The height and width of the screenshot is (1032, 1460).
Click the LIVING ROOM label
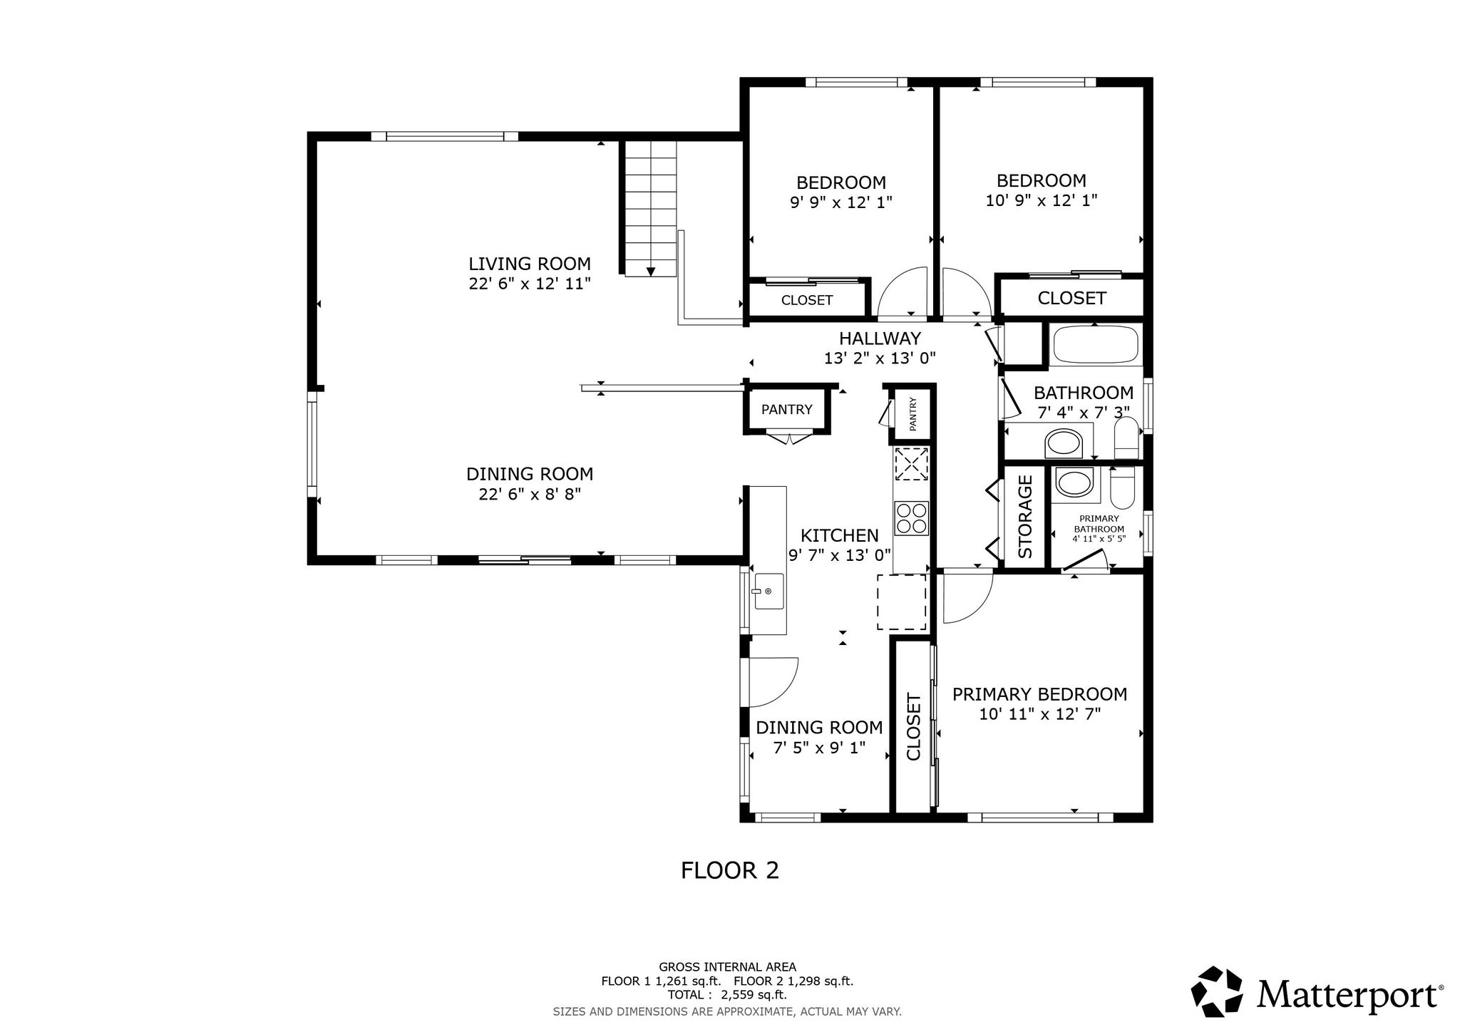[x=530, y=264]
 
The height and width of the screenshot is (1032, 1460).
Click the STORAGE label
[x=1025, y=517]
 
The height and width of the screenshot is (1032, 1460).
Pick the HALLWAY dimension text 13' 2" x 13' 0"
[x=880, y=358]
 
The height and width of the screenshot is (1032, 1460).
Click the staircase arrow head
[x=650, y=272]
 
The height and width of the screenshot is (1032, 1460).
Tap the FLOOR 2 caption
[x=729, y=870]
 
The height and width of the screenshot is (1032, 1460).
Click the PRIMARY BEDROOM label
[x=1040, y=694]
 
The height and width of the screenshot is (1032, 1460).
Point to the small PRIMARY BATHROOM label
[x=1099, y=524]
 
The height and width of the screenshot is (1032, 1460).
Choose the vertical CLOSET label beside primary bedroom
[x=914, y=727]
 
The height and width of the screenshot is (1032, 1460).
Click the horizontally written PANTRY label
[x=786, y=410]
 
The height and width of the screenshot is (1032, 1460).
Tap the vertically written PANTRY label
[x=912, y=414]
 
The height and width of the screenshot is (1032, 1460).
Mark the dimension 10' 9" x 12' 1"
[x=1042, y=201]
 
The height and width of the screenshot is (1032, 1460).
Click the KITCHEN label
[x=840, y=535]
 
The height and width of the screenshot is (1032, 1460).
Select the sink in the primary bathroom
[x=1071, y=483]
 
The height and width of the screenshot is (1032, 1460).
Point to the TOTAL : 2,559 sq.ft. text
[x=727, y=994]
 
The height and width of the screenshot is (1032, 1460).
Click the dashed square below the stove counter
[x=901, y=602]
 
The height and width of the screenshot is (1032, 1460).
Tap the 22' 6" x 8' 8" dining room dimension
[x=530, y=494]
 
